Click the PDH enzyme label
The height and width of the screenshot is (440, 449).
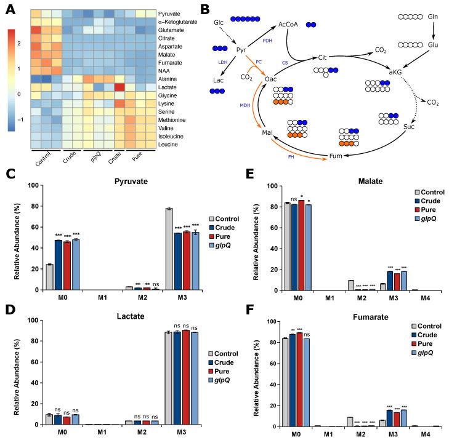pyautogui.click(x=267, y=40)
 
